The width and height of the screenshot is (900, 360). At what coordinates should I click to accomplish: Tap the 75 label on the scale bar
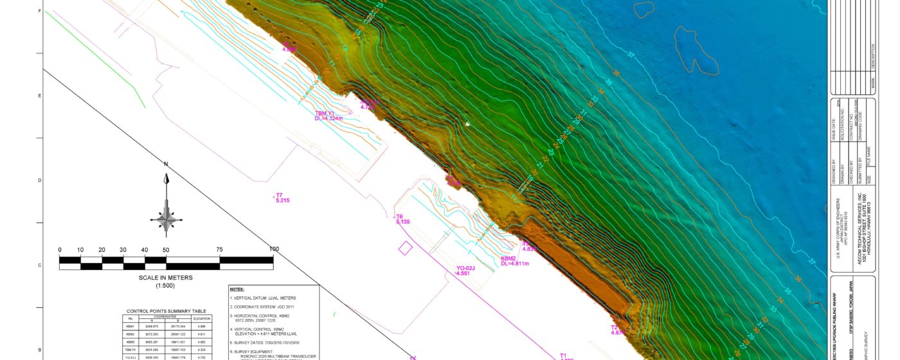tap(220, 250)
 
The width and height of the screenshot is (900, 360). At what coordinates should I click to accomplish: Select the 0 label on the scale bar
tap(60, 250)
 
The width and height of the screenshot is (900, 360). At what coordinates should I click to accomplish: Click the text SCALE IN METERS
tap(166, 278)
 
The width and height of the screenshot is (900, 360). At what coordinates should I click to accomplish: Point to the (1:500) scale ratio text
tap(166, 285)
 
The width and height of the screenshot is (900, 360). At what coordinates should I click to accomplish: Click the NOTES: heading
tap(237, 290)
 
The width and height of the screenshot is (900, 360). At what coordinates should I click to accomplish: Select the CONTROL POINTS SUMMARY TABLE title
tap(166, 311)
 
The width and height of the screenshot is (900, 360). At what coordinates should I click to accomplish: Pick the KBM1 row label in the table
tap(130, 327)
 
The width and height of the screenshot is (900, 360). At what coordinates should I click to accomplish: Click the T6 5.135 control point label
tap(402, 219)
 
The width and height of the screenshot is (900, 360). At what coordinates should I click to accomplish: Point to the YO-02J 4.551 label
tap(465, 270)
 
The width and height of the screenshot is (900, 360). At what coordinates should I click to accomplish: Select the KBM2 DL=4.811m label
tap(514, 261)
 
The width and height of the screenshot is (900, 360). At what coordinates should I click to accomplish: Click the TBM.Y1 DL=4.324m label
tap(328, 116)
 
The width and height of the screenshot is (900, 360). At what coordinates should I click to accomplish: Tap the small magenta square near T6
tap(406, 248)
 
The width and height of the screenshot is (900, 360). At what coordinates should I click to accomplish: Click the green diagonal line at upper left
tap(96, 54)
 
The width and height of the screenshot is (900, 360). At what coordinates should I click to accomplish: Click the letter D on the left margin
tap(40, 181)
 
